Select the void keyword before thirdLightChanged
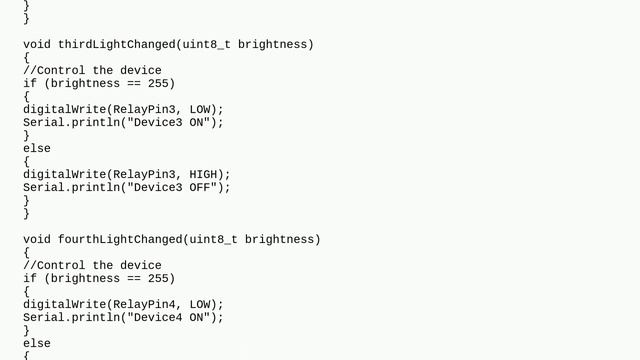click(37, 44)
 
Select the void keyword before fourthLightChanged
click(37, 239)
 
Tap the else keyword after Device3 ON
click(37, 148)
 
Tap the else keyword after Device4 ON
click(37, 343)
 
